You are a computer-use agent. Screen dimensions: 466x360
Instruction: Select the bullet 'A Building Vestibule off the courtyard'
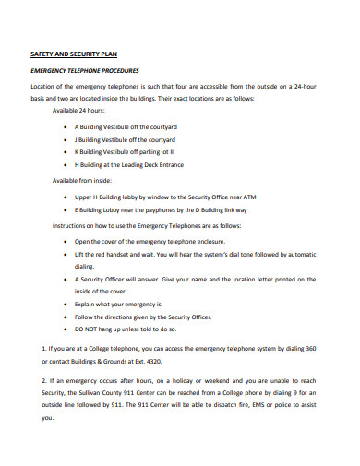click(125, 125)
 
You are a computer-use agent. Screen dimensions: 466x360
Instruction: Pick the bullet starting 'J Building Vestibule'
click(124, 138)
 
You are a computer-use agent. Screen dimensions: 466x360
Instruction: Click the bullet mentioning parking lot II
click(124, 151)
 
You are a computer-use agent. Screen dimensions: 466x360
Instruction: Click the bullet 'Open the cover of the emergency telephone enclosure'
click(150, 239)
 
